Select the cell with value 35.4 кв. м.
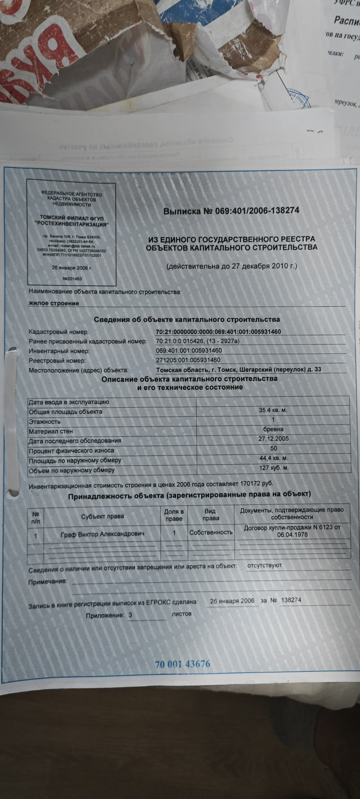[273, 410]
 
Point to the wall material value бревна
[273, 429]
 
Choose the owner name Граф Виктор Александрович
[102, 534]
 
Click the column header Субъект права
[102, 516]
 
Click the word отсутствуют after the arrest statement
[264, 565]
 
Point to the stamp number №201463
[72, 279]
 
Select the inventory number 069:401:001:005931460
[189, 351]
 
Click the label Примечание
[47, 581]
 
